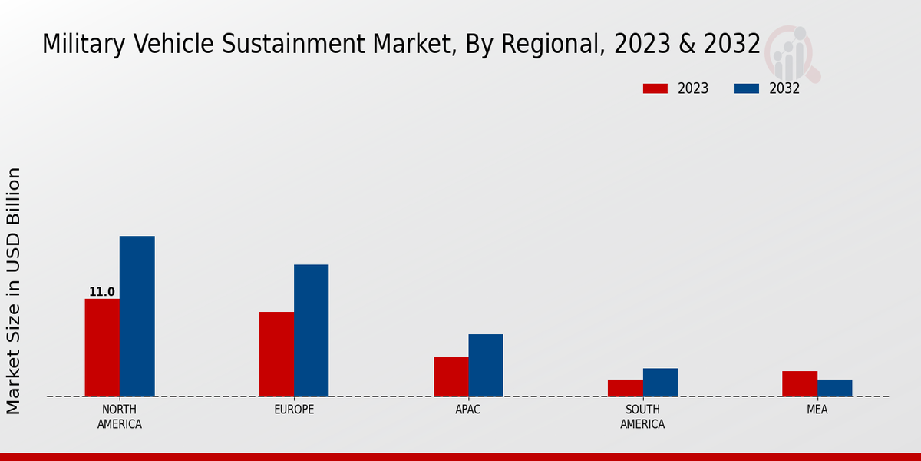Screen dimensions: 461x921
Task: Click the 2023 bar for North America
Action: tap(102, 347)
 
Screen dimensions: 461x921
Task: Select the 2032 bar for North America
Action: tap(137, 316)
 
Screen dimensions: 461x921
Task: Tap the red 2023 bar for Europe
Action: tap(276, 354)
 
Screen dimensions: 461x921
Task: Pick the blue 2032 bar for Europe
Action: tap(311, 330)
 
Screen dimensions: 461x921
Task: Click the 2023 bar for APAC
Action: tap(451, 376)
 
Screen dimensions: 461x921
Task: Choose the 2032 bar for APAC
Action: tap(486, 365)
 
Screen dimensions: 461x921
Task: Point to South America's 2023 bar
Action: tap(625, 388)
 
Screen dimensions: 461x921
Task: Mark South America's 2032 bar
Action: tap(660, 383)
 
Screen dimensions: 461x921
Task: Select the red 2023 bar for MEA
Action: tap(800, 383)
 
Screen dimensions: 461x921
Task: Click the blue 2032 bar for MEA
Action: tap(834, 388)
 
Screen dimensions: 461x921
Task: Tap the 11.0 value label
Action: tap(102, 292)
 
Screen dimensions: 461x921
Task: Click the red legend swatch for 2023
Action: tap(655, 88)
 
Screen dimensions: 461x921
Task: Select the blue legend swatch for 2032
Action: tap(746, 88)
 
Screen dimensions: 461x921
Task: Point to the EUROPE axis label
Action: tap(294, 410)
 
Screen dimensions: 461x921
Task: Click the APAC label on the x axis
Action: tap(468, 410)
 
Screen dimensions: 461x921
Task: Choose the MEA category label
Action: tap(817, 410)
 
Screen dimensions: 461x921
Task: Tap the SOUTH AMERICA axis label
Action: tap(642, 416)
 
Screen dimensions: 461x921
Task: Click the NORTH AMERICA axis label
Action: tap(120, 416)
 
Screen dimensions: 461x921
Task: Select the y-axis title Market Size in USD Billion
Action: tap(14, 290)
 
